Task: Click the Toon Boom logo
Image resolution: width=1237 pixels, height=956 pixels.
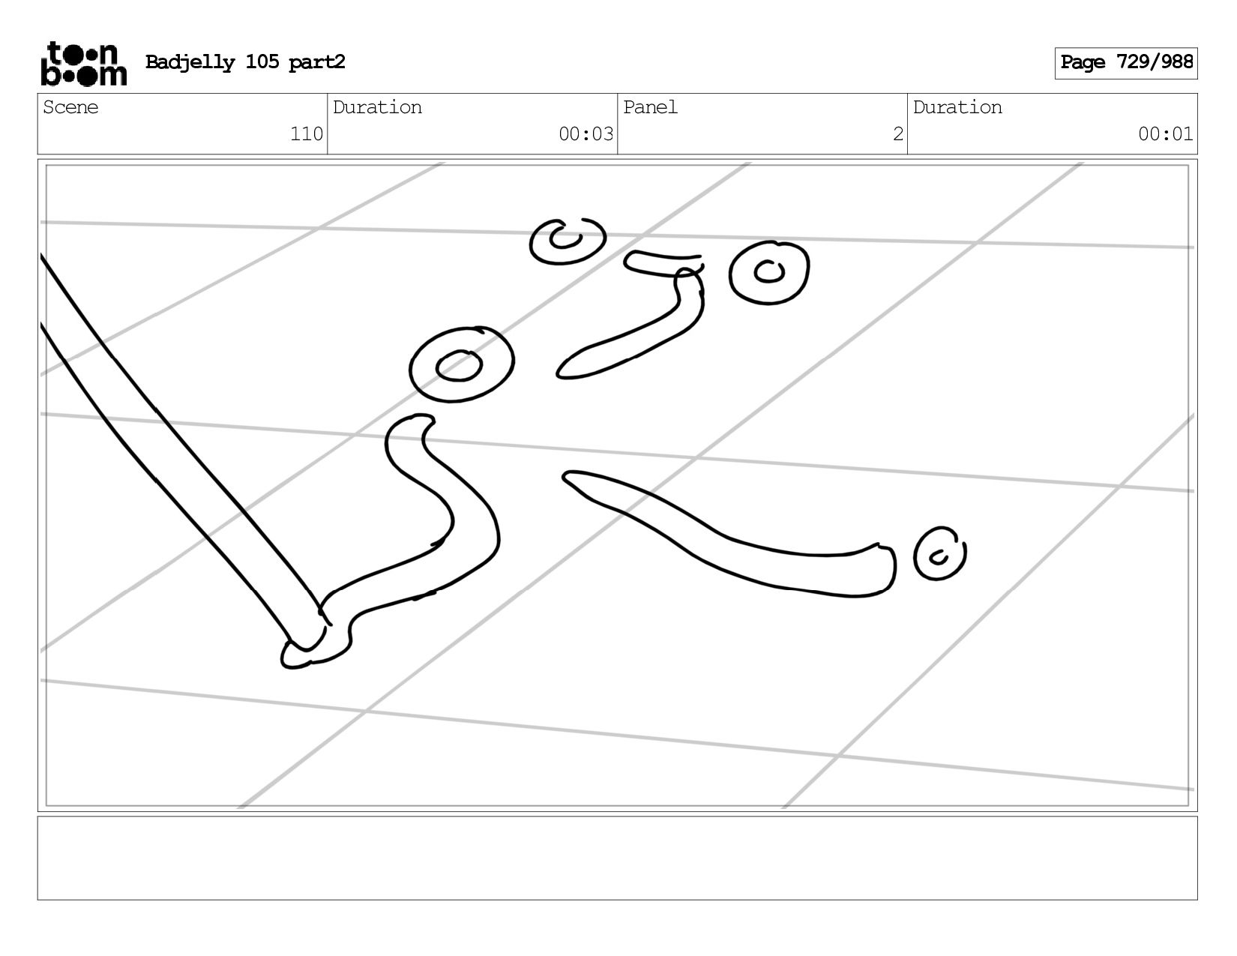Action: pos(84,63)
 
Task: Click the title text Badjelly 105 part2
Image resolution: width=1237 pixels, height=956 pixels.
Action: pos(245,62)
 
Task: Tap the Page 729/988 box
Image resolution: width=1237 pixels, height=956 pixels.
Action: pos(1125,63)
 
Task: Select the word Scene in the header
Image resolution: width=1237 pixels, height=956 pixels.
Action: pos(70,107)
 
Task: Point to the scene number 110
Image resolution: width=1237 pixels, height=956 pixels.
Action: pos(307,133)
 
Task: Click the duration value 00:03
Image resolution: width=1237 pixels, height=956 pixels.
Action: pos(586,133)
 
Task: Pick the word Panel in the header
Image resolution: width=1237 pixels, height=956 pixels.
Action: pos(650,107)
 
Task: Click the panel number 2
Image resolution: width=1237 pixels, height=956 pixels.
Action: pos(897,133)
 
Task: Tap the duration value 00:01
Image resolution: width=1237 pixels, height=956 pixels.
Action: pos(1165,133)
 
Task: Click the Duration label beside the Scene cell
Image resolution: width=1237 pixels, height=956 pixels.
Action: pos(377,107)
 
